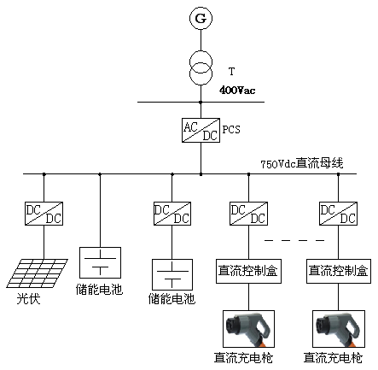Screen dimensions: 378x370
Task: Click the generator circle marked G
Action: tap(201, 18)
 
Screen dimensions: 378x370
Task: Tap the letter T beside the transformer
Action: tap(232, 71)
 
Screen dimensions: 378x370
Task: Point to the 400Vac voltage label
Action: tap(237, 91)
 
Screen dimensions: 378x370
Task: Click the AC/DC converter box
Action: tap(201, 130)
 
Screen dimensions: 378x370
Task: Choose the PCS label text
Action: tap(231, 130)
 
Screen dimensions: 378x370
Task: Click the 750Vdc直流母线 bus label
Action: tap(302, 163)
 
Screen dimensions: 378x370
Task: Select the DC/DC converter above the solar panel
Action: tap(44, 214)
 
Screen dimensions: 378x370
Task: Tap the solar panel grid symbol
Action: tap(37, 273)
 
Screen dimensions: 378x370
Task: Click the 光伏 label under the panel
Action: tap(28, 299)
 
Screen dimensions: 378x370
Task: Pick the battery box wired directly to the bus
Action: tap(100, 262)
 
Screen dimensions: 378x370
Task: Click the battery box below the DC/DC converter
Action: tap(172, 274)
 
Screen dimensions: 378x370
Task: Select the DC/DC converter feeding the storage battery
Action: tap(172, 214)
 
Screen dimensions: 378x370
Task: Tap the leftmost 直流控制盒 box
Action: tap(248, 271)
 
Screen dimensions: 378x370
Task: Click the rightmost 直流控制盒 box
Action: tap(339, 271)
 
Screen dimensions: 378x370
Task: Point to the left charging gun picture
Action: tap(248, 329)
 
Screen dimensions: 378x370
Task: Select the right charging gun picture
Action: tap(339, 329)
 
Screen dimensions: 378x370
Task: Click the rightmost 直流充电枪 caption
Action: tap(333, 358)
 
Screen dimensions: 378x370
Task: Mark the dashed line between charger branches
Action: tap(294, 240)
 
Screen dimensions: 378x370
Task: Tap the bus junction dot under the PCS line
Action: tap(201, 174)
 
